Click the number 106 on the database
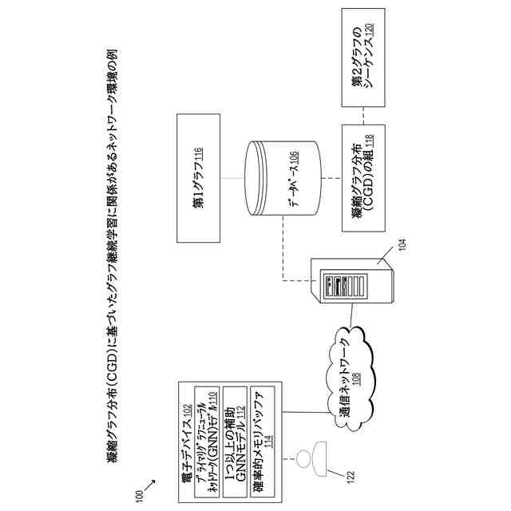(294, 164)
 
